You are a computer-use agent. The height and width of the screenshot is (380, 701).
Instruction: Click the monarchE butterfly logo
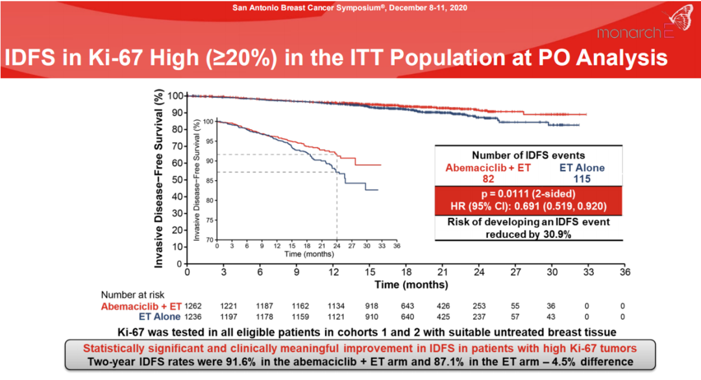[x=675, y=19]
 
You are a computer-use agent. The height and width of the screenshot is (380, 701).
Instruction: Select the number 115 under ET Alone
[x=581, y=178]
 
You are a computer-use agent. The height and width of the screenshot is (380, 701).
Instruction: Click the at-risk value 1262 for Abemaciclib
[x=194, y=305]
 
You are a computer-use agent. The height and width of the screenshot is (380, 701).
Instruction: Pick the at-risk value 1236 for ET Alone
[x=194, y=316]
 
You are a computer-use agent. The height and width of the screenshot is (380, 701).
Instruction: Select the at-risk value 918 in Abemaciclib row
[x=370, y=305]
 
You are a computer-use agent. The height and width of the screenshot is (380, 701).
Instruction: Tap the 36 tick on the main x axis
[x=624, y=272]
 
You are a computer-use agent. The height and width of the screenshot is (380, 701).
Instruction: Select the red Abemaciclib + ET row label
[x=141, y=305]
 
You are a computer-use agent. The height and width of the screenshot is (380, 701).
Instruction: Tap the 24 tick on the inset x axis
[x=337, y=247]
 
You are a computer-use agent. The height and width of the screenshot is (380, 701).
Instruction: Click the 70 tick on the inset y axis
[x=209, y=239]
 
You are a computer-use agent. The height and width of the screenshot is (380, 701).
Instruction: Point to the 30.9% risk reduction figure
[x=548, y=234]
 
